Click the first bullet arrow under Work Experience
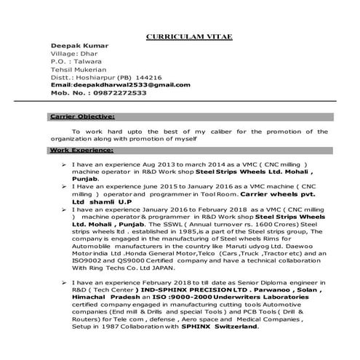[x=65, y=165]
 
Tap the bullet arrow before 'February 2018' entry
[x=65, y=280]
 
